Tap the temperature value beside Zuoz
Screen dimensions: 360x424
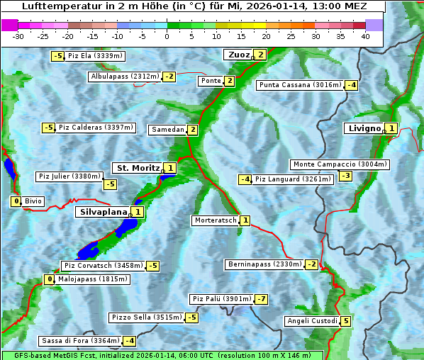point(260,55)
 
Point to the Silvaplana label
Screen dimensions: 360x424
point(104,212)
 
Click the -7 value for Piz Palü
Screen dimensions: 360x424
point(262,299)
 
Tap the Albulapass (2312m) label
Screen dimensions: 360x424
point(125,77)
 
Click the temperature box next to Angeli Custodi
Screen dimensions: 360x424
point(345,321)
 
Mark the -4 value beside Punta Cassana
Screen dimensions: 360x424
point(351,86)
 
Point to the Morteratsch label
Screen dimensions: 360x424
point(216,220)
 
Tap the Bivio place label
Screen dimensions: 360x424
point(33,201)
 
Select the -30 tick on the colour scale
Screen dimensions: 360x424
point(18,36)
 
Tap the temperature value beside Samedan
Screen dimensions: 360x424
point(192,130)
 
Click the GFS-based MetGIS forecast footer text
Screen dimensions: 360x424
point(162,355)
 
